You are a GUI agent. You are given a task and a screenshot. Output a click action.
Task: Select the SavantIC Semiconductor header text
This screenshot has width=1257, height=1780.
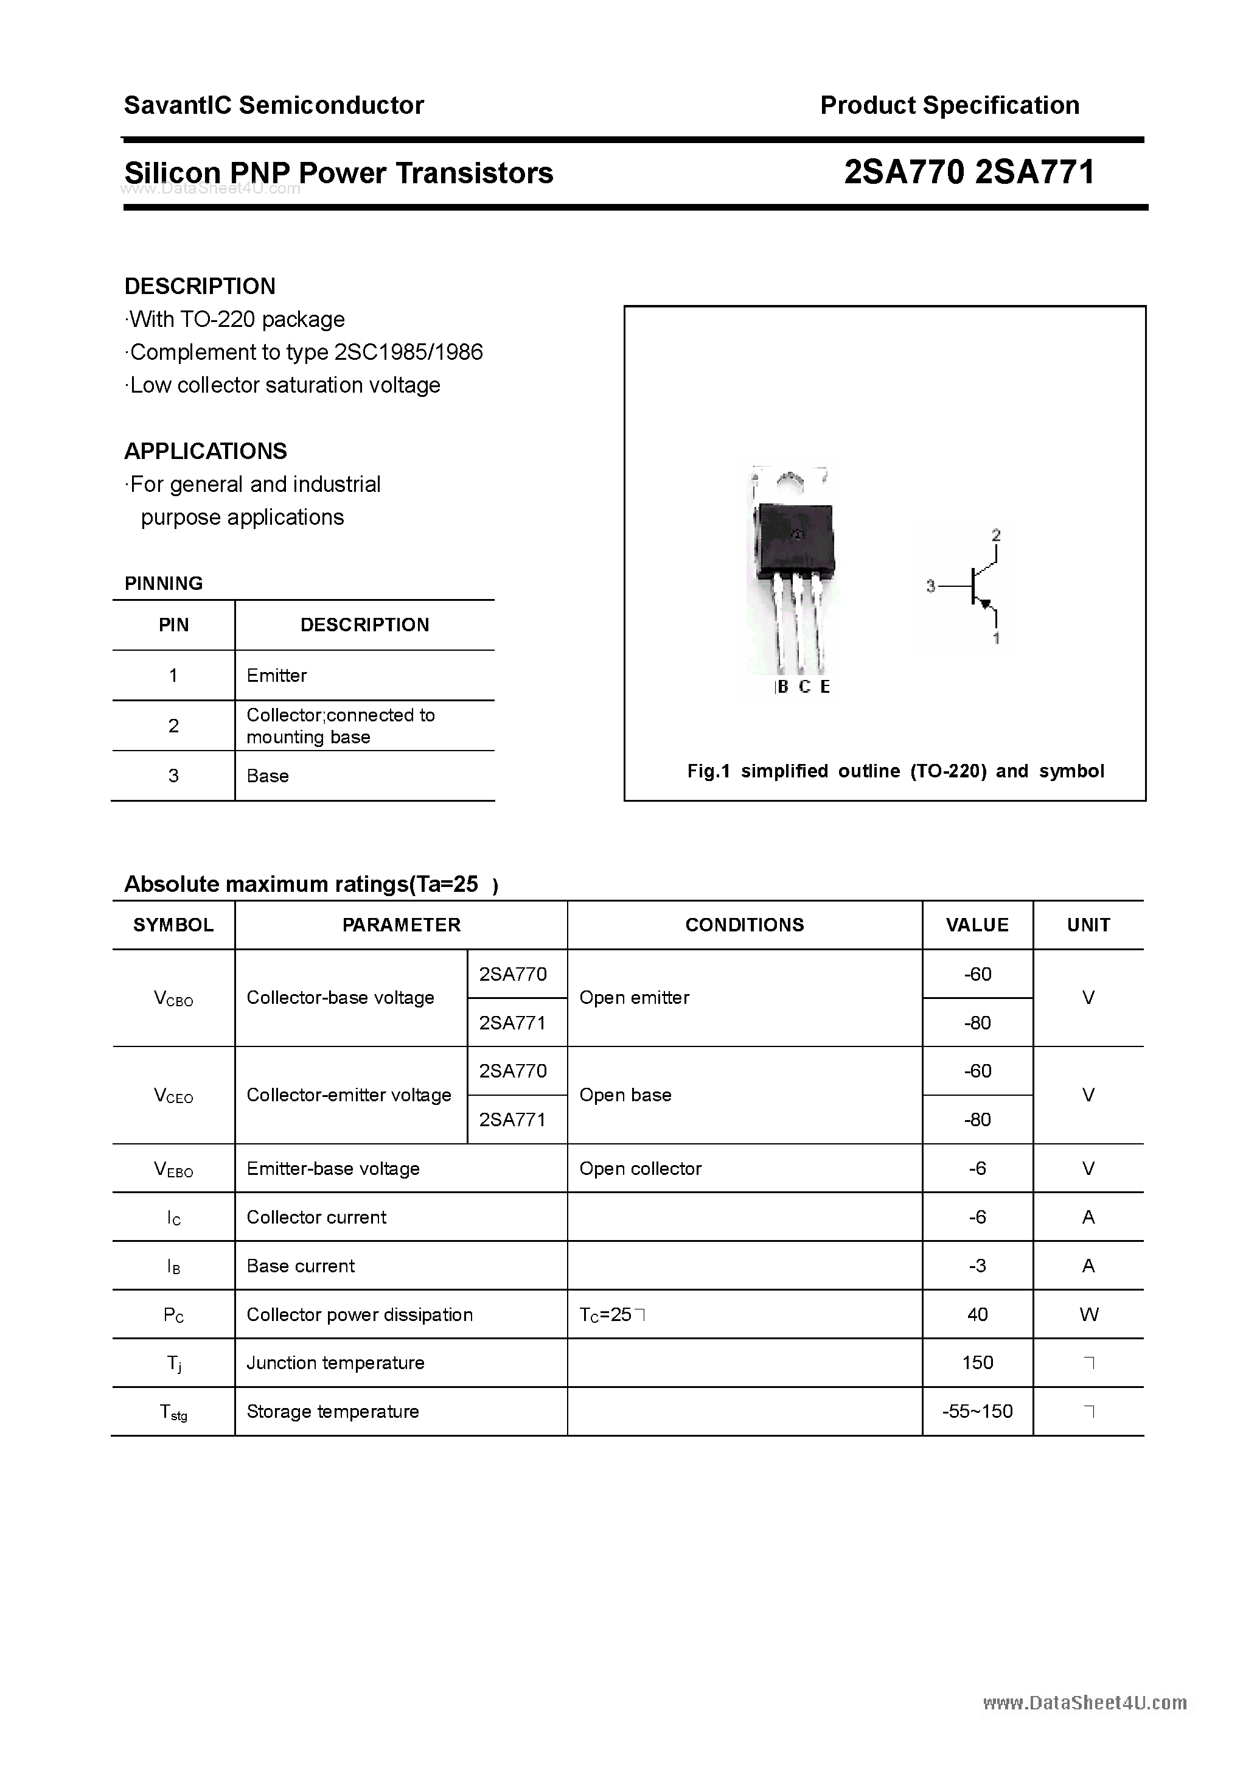point(274,105)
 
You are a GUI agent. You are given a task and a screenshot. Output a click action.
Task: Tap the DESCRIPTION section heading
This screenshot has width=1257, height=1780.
point(200,286)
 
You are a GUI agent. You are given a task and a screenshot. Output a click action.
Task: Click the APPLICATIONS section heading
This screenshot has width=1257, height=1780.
point(206,451)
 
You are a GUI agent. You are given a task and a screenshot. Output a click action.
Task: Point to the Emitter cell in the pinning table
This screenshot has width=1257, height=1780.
point(277,675)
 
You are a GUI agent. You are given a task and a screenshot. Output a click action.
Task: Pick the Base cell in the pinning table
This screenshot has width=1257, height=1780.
point(267,776)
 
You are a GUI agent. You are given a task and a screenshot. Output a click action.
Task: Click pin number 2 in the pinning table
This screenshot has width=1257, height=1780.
point(173,726)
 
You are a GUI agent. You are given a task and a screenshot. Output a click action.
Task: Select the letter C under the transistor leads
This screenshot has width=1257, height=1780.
point(804,687)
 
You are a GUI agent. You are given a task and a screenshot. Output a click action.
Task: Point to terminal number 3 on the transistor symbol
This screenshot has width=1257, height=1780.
point(931,587)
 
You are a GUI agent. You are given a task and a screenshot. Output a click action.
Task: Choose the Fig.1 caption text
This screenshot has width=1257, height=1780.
point(895,771)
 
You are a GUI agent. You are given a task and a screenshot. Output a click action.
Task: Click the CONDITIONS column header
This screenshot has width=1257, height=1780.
point(744,925)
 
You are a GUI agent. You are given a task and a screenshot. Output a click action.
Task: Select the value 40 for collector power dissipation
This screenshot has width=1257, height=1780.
point(977,1314)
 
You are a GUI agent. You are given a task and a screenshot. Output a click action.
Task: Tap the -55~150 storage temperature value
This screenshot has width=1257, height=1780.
point(977,1412)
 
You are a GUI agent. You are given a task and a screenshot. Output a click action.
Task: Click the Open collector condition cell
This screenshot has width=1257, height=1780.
point(640,1168)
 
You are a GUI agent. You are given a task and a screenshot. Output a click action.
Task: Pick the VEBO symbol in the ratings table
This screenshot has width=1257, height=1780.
point(173,1169)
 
